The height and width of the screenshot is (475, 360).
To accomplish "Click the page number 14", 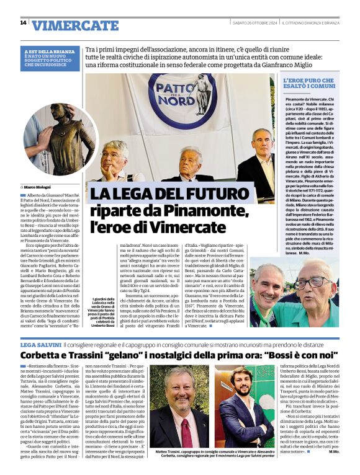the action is point(23,23).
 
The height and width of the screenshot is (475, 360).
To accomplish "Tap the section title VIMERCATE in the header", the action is point(75,25).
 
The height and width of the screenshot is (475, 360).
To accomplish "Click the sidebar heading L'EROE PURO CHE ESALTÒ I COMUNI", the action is point(309,84).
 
